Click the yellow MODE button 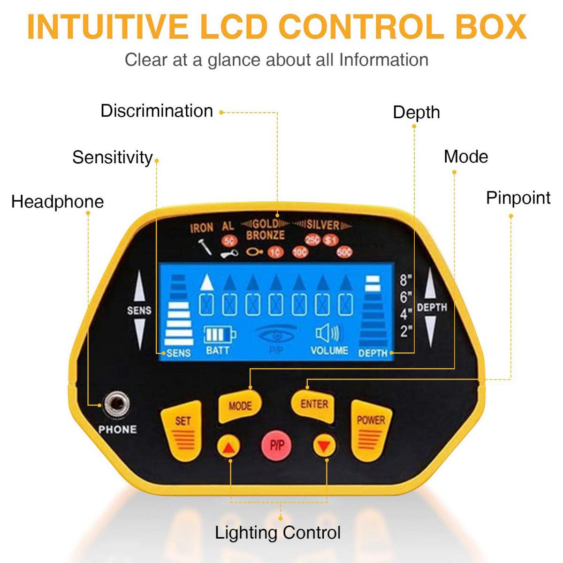coord(240,406)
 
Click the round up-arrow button coord(229,447)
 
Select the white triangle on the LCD coord(207,281)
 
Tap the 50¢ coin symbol coord(344,252)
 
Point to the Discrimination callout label coord(157,111)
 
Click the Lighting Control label coord(278,533)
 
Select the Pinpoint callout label coord(518,198)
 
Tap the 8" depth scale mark coord(406,280)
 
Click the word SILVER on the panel coord(323,225)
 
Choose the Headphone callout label coord(58,202)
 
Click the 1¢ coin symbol coord(276,252)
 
